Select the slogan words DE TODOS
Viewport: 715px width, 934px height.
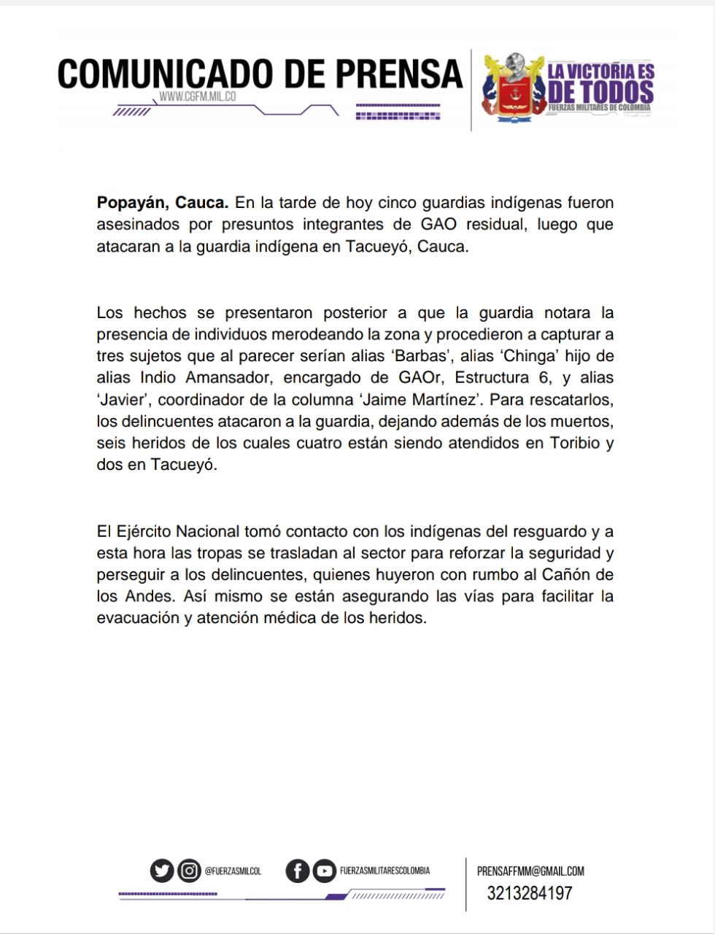[x=600, y=92]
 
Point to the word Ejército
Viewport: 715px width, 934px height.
[x=143, y=531]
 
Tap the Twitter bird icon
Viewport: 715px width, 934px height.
[x=162, y=871]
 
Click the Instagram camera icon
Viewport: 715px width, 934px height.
[x=189, y=871]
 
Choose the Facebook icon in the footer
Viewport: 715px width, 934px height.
[x=297, y=871]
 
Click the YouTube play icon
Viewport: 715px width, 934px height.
[x=324, y=871]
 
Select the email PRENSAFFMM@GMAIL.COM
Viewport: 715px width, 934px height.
[x=530, y=871]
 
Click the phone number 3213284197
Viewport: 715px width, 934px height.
[x=530, y=893]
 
